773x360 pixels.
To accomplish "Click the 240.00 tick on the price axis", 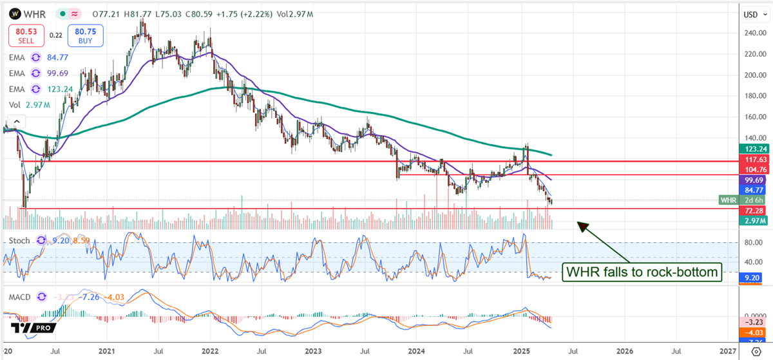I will pos(754,33).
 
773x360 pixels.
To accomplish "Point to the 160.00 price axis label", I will pos(754,117).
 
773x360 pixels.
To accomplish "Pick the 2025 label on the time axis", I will pos(521,352).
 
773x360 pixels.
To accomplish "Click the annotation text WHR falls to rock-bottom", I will pos(642,272).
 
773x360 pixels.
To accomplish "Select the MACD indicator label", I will pos(22,297).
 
